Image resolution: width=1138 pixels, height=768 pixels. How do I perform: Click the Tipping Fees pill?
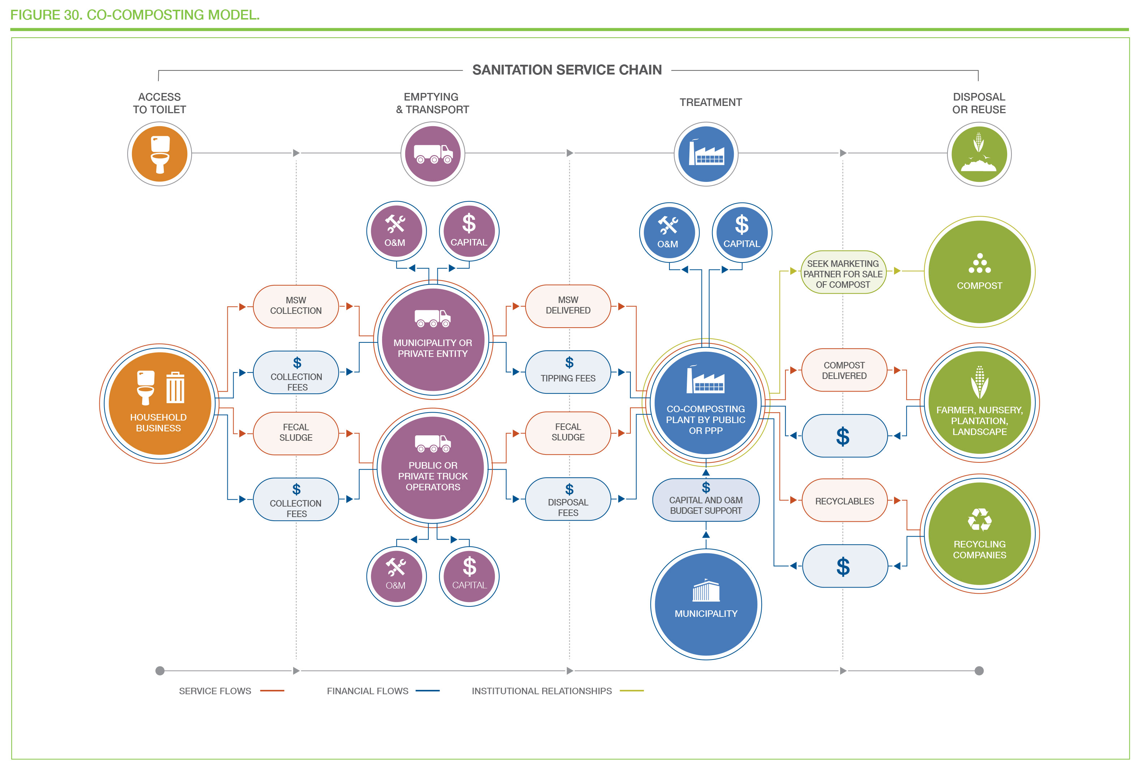(x=568, y=372)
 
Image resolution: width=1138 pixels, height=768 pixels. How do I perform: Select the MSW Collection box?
(x=296, y=306)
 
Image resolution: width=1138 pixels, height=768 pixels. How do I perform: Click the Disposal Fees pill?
(x=568, y=499)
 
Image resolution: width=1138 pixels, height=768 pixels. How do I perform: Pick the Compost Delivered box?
(x=844, y=370)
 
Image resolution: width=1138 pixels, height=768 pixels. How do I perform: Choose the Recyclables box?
(x=844, y=500)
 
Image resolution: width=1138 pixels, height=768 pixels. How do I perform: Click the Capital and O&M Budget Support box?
(x=706, y=500)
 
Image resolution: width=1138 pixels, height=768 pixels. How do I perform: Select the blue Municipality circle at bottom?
(x=706, y=605)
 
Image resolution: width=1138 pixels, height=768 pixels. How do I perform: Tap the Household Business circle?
(x=159, y=404)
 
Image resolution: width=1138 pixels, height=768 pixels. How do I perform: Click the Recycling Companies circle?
(x=979, y=533)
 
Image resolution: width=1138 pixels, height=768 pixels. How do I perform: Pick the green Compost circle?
(x=979, y=272)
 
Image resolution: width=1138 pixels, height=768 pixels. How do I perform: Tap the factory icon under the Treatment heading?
(x=706, y=154)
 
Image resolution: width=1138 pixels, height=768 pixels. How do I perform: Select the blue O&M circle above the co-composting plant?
(x=669, y=232)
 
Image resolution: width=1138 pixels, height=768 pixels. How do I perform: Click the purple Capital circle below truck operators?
(x=469, y=576)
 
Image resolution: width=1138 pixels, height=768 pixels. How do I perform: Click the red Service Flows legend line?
(x=272, y=691)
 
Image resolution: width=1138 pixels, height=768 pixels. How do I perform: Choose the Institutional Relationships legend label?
(x=542, y=691)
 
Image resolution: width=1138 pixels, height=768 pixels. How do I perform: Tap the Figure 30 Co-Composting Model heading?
(x=135, y=15)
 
